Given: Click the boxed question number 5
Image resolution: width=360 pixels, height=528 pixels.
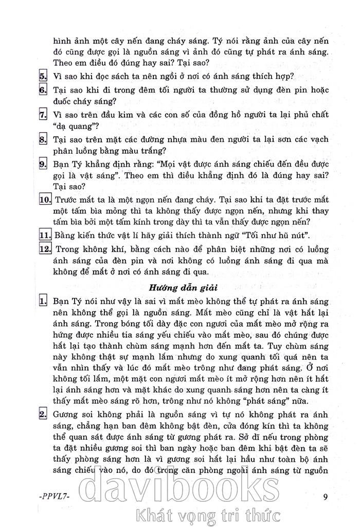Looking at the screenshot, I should click(x=43, y=76).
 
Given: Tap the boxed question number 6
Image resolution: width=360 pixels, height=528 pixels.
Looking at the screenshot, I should click(x=43, y=90).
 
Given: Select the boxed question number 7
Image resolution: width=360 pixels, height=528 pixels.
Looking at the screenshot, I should click(x=43, y=115).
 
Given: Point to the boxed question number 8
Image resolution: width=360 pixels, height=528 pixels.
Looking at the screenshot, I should click(x=43, y=139).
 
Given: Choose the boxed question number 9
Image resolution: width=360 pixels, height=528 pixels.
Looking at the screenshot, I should click(x=43, y=164).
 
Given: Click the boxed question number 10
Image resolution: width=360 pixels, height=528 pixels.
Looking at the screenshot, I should click(x=45, y=200).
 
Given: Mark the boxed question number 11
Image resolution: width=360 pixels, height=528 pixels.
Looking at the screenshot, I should click(x=45, y=236).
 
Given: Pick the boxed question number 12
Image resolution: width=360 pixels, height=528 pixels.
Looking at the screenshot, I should click(x=45, y=249).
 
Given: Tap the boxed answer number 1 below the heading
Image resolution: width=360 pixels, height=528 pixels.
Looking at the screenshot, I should click(x=43, y=300).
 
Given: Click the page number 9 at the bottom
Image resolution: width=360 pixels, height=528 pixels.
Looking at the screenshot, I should click(x=325, y=497).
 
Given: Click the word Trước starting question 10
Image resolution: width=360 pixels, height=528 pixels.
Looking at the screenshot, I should click(x=68, y=200).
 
